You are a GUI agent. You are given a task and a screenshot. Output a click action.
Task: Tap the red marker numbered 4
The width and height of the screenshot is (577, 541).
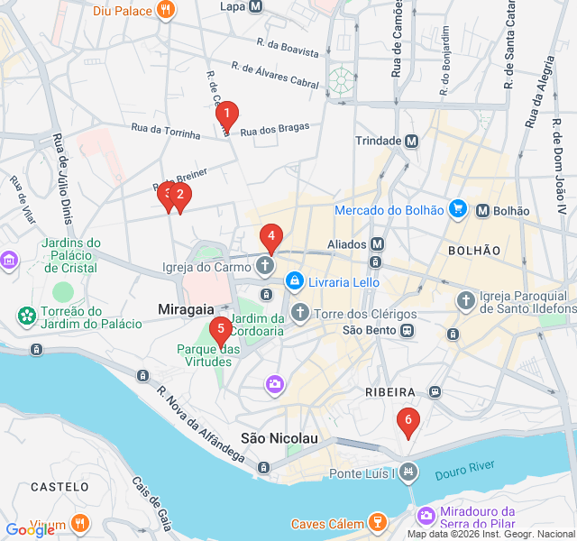click(270, 236)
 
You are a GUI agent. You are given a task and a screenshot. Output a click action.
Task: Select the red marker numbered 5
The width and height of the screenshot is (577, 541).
click(220, 329)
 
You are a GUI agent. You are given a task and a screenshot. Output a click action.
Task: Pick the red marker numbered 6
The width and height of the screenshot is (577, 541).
click(408, 420)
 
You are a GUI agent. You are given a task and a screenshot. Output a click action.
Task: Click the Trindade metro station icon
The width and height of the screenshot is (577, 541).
click(412, 142)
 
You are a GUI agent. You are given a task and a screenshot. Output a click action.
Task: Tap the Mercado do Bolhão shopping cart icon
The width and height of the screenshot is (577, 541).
click(458, 210)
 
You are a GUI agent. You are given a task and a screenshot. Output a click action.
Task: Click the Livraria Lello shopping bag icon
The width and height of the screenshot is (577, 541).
click(294, 282)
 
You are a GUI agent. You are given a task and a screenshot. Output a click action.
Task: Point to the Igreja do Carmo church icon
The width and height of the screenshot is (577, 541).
click(264, 266)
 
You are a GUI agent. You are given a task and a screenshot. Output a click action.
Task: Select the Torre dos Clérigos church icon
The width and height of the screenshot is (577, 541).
click(299, 313)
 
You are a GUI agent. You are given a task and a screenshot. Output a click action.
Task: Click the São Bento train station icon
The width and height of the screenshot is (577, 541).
click(408, 330)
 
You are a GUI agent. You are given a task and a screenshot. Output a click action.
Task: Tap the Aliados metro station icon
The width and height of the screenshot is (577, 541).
click(377, 244)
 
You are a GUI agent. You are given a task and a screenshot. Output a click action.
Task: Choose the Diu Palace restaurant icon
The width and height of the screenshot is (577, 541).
click(166, 11)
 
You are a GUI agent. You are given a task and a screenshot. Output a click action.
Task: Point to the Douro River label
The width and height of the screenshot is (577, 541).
click(464, 470)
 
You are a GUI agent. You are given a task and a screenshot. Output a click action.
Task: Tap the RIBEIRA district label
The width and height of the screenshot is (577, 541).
click(389, 393)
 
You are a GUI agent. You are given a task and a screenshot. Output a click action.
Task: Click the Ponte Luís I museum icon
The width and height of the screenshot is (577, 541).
click(408, 471)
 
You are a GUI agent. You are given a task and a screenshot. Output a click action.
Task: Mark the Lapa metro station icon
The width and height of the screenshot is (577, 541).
click(255, 6)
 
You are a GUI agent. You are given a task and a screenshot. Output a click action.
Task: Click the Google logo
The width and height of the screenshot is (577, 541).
click(30, 530)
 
